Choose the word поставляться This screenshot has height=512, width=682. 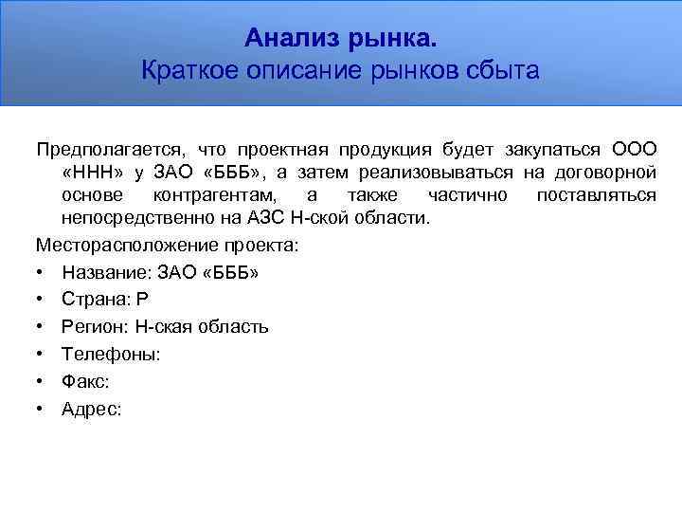click(x=596, y=194)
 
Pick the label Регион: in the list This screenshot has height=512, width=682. click(x=95, y=327)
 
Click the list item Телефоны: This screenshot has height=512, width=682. click(x=111, y=355)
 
